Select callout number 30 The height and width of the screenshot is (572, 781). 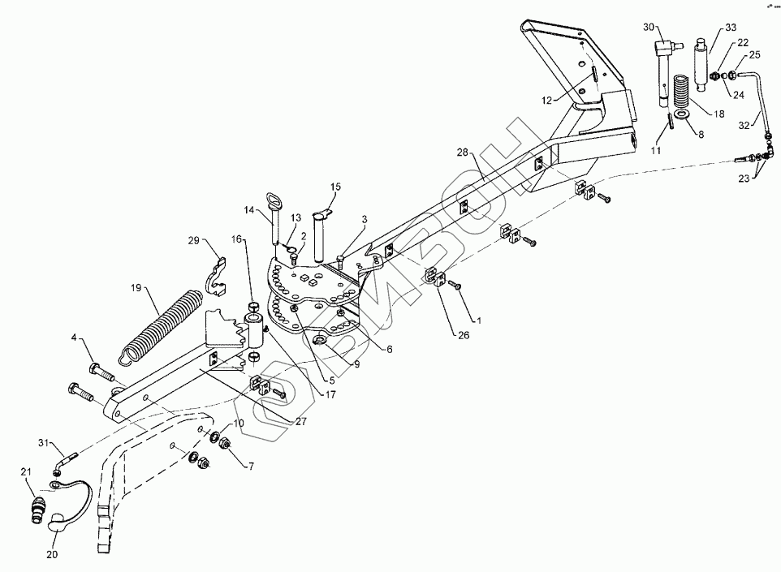649,28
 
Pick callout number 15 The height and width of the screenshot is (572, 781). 335,187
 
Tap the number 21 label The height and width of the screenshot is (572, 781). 26,472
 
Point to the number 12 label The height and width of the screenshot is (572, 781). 547,100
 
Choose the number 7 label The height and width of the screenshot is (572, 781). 250,466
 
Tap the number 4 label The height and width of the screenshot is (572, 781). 73,337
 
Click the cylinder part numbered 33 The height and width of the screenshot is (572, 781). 701,56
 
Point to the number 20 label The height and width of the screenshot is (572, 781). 52,556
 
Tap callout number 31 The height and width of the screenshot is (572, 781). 45,442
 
